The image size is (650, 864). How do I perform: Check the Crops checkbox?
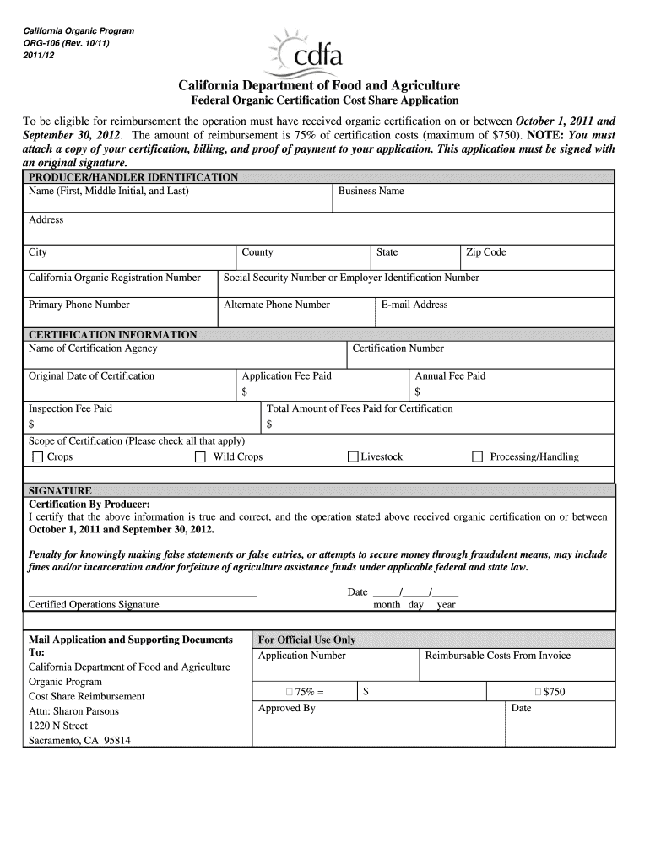point(37,457)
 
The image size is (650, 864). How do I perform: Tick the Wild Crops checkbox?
point(200,457)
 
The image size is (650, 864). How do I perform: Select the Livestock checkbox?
point(354,457)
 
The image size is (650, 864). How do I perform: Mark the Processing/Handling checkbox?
point(477,457)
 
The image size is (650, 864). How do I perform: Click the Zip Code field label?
point(486,252)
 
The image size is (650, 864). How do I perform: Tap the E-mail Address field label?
point(414,305)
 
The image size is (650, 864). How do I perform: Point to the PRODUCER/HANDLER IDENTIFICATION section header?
point(133,177)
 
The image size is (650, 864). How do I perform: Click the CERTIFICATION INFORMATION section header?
point(113,334)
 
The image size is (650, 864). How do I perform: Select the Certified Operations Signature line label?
point(94,605)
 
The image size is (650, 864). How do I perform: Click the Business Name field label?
point(371,191)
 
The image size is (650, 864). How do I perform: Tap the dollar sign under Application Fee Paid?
point(245,391)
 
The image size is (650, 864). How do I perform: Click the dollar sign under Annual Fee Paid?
point(417,391)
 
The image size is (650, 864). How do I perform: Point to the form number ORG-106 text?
point(49,43)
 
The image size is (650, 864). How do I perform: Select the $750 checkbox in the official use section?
point(538,692)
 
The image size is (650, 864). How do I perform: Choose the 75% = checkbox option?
point(289,692)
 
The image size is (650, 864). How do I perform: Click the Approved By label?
point(286,708)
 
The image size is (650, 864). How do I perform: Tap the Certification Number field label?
point(398,348)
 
